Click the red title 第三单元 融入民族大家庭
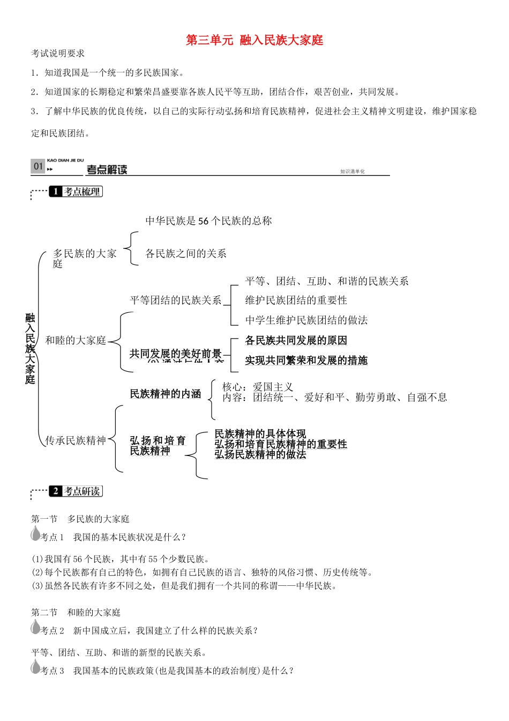pyautogui.click(x=254, y=40)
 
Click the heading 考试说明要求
pyautogui.click(x=58, y=53)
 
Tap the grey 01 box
pyautogui.click(x=38, y=166)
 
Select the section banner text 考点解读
pyautogui.click(x=107, y=170)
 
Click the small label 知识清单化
pyautogui.click(x=352, y=172)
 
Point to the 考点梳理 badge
pyautogui.click(x=76, y=192)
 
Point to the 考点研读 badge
pyautogui.click(x=76, y=491)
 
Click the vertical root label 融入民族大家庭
pyautogui.click(x=30, y=349)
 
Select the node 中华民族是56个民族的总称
pyautogui.click(x=208, y=221)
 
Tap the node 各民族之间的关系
pyautogui.click(x=186, y=253)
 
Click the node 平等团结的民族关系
pyautogui.click(x=176, y=300)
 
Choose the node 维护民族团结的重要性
pyautogui.click(x=296, y=300)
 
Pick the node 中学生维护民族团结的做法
pyautogui.click(x=306, y=320)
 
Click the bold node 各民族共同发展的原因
pyautogui.click(x=296, y=340)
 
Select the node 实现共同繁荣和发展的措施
pyautogui.click(x=306, y=360)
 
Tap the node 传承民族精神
pyautogui.click(x=76, y=440)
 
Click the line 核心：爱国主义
pyautogui.click(x=258, y=387)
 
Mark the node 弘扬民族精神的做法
pyautogui.click(x=260, y=454)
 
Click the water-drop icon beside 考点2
pyautogui.click(x=36, y=627)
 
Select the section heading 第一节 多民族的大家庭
pyautogui.click(x=80, y=519)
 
